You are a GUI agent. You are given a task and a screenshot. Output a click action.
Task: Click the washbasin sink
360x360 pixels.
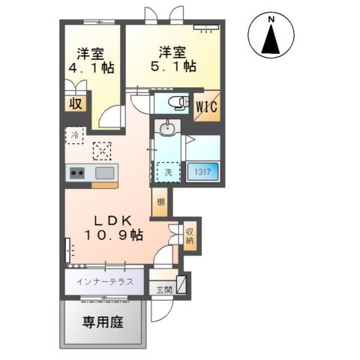[168, 130]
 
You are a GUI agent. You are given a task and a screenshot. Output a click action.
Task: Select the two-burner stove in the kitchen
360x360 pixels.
[77, 174]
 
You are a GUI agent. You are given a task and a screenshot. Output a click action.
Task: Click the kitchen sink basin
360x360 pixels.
[103, 173]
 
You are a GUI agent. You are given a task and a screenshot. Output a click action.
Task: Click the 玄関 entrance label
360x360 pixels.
[163, 289]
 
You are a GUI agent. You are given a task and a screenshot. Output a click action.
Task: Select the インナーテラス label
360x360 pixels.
[105, 282]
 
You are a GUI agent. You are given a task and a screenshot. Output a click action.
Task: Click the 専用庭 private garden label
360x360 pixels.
[102, 324]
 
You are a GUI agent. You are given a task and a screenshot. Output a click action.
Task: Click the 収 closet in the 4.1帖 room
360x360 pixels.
[76, 103]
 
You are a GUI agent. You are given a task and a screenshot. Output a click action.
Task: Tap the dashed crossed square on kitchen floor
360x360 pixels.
[102, 151]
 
